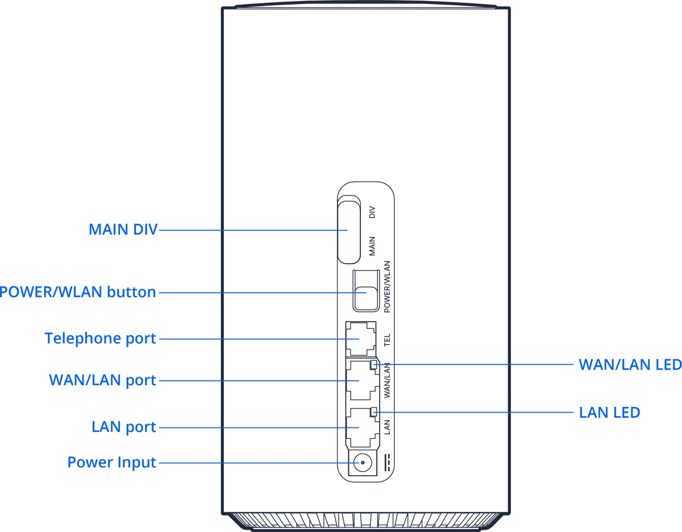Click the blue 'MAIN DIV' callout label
pyautogui.click(x=123, y=230)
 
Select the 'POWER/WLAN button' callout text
pyautogui.click(x=78, y=292)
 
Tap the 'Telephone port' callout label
pyautogui.click(x=100, y=339)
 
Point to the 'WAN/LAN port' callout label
pyautogui.click(x=102, y=380)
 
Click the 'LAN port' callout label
pyautogui.click(x=123, y=427)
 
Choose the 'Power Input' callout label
pyautogui.click(x=111, y=462)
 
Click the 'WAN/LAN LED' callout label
pyautogui.click(x=630, y=364)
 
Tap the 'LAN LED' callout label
pyautogui.click(x=609, y=412)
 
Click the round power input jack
pyautogui.click(x=359, y=463)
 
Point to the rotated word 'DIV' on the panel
pyautogui.click(x=373, y=213)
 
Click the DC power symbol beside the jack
pyautogui.click(x=388, y=463)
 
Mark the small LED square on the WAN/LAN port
pyautogui.click(x=373, y=365)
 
